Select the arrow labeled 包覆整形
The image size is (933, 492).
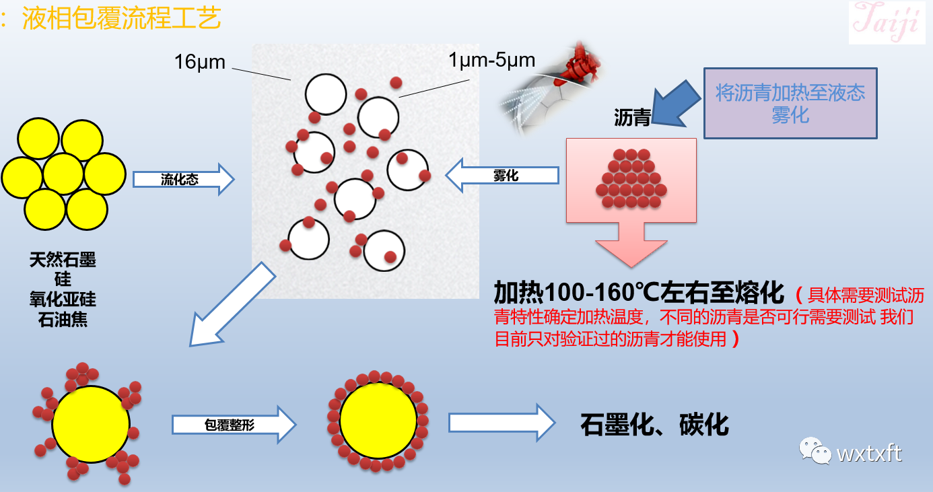click(233, 425)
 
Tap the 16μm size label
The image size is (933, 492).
click(200, 62)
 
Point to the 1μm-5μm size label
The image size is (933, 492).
click(491, 61)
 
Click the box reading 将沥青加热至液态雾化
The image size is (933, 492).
click(790, 103)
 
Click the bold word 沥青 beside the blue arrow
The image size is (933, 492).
click(631, 118)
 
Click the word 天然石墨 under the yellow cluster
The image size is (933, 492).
click(63, 260)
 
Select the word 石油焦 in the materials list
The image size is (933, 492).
click(63, 319)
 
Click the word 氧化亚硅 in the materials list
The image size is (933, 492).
click(63, 300)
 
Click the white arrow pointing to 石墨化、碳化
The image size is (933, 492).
click(502, 423)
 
